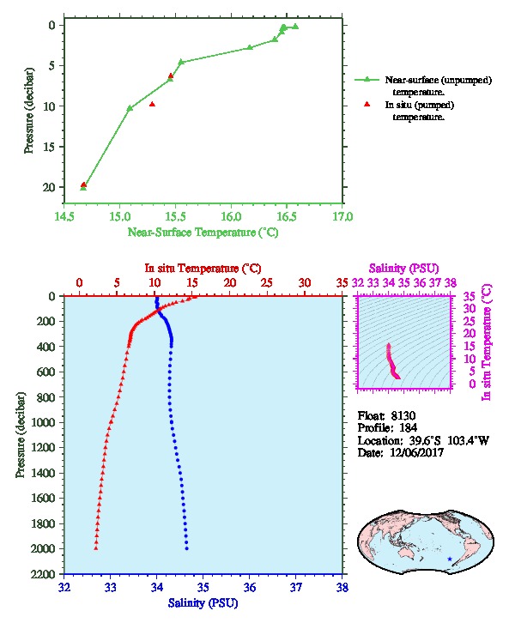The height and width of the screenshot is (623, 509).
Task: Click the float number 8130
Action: pos(403,415)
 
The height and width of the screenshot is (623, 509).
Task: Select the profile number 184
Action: pos(408,428)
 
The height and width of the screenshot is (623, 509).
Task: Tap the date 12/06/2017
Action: pos(416,452)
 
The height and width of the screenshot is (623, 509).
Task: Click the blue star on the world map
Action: pos(450,559)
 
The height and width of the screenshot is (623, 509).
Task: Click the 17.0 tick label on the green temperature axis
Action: pos(342,216)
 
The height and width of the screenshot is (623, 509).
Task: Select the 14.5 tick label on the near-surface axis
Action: pos(64,216)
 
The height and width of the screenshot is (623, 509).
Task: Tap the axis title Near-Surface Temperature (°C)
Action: pos(203,232)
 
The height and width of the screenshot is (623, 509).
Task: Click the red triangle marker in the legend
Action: pos(367,104)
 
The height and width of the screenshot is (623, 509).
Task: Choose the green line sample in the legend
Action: pos(367,80)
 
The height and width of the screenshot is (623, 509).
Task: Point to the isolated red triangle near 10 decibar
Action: pos(152,105)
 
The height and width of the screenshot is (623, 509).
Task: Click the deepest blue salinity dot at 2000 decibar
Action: pos(187,548)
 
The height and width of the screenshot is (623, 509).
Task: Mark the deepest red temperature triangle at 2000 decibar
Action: pos(96,548)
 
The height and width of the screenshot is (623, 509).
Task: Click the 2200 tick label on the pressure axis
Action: pos(43,574)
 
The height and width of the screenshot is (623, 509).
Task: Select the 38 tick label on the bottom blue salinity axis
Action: pos(342,587)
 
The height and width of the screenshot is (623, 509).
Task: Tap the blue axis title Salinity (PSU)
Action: pos(203,603)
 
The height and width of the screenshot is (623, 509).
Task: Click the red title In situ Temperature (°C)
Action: pos(203,269)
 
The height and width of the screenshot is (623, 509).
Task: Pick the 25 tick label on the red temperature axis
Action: pos(267,282)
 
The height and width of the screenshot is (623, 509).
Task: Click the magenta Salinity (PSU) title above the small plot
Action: pos(403,269)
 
